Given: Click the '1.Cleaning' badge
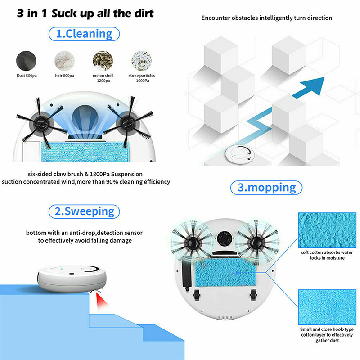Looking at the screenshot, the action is [x=84, y=34].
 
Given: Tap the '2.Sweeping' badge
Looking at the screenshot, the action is [x=84, y=211].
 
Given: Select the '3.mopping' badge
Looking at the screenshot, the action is [x=266, y=188].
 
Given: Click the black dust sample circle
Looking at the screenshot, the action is [x=26, y=61].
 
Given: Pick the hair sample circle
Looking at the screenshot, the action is [x=64, y=61].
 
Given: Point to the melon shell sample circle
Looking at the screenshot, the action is [x=103, y=61].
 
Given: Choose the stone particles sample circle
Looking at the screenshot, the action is [x=142, y=61].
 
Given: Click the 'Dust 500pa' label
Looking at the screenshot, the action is [x=27, y=76].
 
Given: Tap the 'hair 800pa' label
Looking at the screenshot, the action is [x=64, y=76].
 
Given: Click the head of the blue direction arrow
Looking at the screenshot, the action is [x=314, y=85].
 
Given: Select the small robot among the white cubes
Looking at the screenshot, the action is [x=240, y=154].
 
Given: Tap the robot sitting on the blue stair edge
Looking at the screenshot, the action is [x=72, y=278].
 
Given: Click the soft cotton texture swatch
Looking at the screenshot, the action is [x=327, y=230].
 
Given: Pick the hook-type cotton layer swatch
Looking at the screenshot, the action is [x=327, y=307].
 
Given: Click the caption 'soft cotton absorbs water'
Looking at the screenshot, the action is [x=327, y=252].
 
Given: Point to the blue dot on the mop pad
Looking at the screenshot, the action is [x=238, y=273].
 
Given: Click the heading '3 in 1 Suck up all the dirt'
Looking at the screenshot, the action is [x=85, y=13].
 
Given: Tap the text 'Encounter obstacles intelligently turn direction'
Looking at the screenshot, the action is [x=266, y=18].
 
